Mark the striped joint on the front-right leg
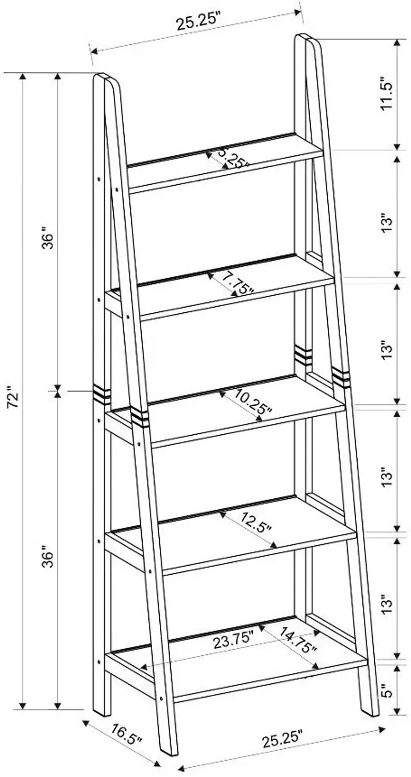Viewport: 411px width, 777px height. pyautogui.click(x=341, y=377)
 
